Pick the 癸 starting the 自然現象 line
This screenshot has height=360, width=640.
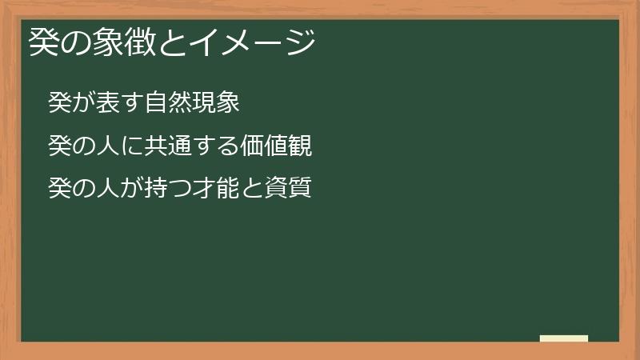click(59, 102)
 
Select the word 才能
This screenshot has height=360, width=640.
click(217, 189)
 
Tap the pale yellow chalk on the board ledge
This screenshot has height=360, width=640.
click(564, 338)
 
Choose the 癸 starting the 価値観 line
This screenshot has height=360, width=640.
click(59, 146)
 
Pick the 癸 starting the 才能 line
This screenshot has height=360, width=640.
click(59, 189)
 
